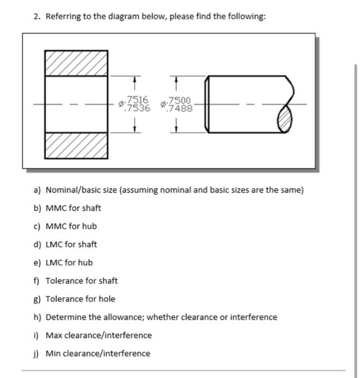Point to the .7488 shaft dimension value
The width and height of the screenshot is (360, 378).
click(x=179, y=108)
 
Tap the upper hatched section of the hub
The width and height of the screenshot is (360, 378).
click(x=76, y=63)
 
